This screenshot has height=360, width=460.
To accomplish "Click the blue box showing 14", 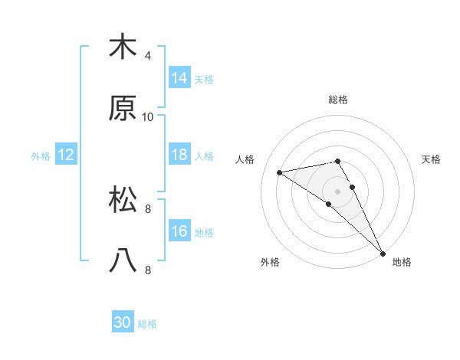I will point(179,77).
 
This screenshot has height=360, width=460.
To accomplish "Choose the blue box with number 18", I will point(179,155).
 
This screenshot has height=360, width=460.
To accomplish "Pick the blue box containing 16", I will point(179,231).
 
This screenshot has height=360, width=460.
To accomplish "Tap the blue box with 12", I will point(66,155).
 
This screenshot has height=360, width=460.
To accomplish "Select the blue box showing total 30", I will point(123,322).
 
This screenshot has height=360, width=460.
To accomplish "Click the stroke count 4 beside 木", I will point(148,55).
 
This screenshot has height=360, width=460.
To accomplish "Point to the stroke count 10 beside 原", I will point(148,116).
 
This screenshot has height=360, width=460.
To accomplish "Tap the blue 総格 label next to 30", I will point(147,324).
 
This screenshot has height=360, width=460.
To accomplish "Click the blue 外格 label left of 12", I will point(41,156).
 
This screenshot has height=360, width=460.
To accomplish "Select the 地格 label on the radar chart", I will point(402,262).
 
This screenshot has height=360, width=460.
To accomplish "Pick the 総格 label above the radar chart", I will point(338,100).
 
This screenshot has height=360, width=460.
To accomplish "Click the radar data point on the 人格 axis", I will point(280,172).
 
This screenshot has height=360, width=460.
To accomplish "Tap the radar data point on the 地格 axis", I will point(383,252).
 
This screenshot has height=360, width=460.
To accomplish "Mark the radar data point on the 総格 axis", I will point(338,161).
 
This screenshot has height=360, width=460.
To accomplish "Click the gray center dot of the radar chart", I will point(338,190).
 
